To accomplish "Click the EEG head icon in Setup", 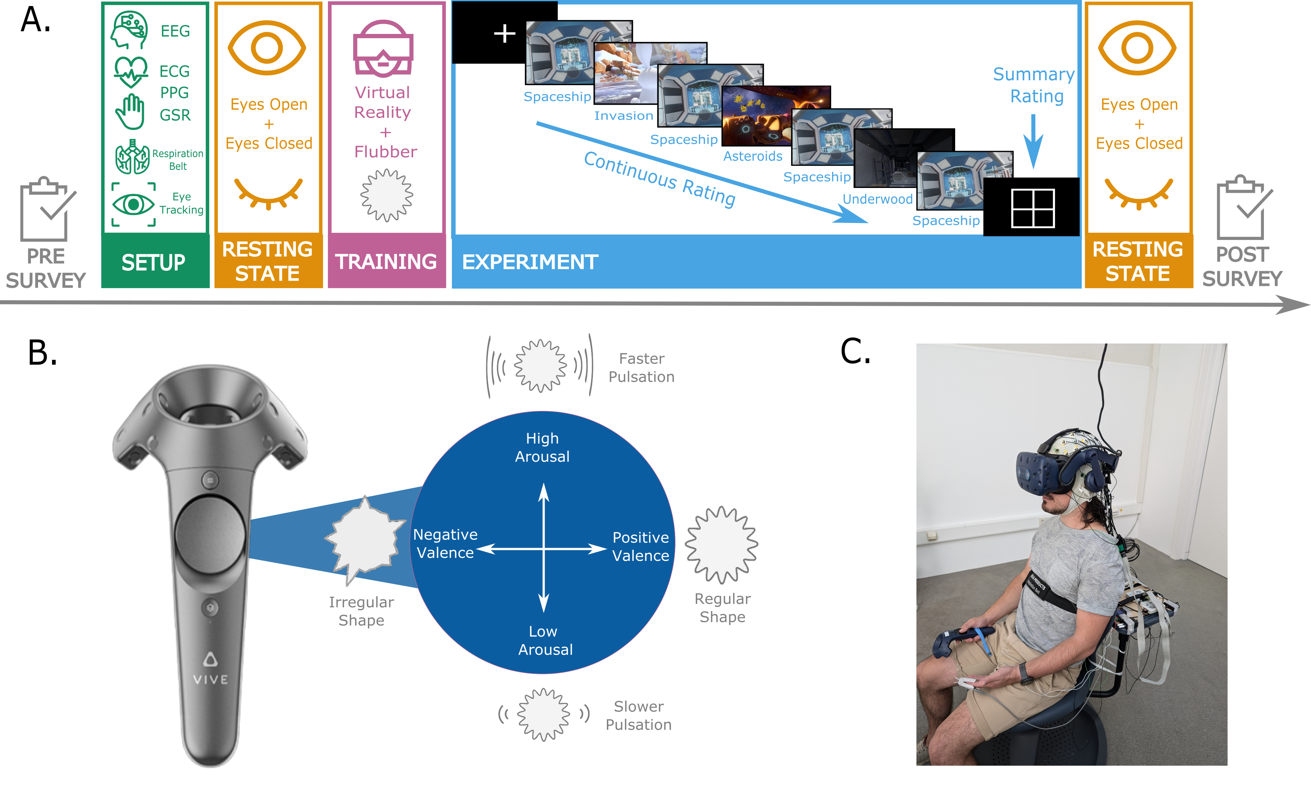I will click(x=129, y=30).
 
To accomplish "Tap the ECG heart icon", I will click(x=130, y=71).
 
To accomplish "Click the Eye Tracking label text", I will click(x=181, y=204).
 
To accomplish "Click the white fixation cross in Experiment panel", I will click(x=504, y=34).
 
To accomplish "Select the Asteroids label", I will click(x=752, y=156).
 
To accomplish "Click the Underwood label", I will click(x=878, y=199).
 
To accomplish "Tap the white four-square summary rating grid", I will click(x=1033, y=208).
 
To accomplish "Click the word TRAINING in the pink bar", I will click(x=386, y=262).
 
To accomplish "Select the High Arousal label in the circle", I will click(x=542, y=447).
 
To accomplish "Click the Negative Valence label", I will click(x=445, y=544).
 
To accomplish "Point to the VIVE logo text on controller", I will click(x=211, y=679).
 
